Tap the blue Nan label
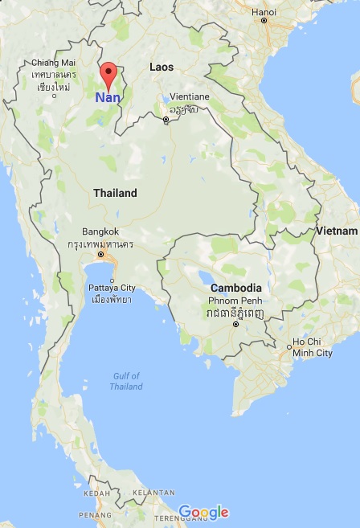pyautogui.click(x=108, y=97)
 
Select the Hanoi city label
pyautogui.click(x=264, y=11)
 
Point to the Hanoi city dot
pyautogui.click(x=264, y=20)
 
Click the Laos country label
pyautogui.click(x=162, y=68)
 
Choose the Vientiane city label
pyautogui.click(x=190, y=96)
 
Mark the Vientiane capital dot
pyautogui.click(x=166, y=120)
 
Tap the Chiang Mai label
pyautogui.click(x=54, y=63)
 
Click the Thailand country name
pyautogui.click(x=115, y=193)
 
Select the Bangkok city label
pyautogui.click(x=100, y=231)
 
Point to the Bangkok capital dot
pyautogui.click(x=100, y=255)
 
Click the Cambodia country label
pyautogui.click(x=235, y=288)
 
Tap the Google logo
pyautogui.click(x=203, y=512)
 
